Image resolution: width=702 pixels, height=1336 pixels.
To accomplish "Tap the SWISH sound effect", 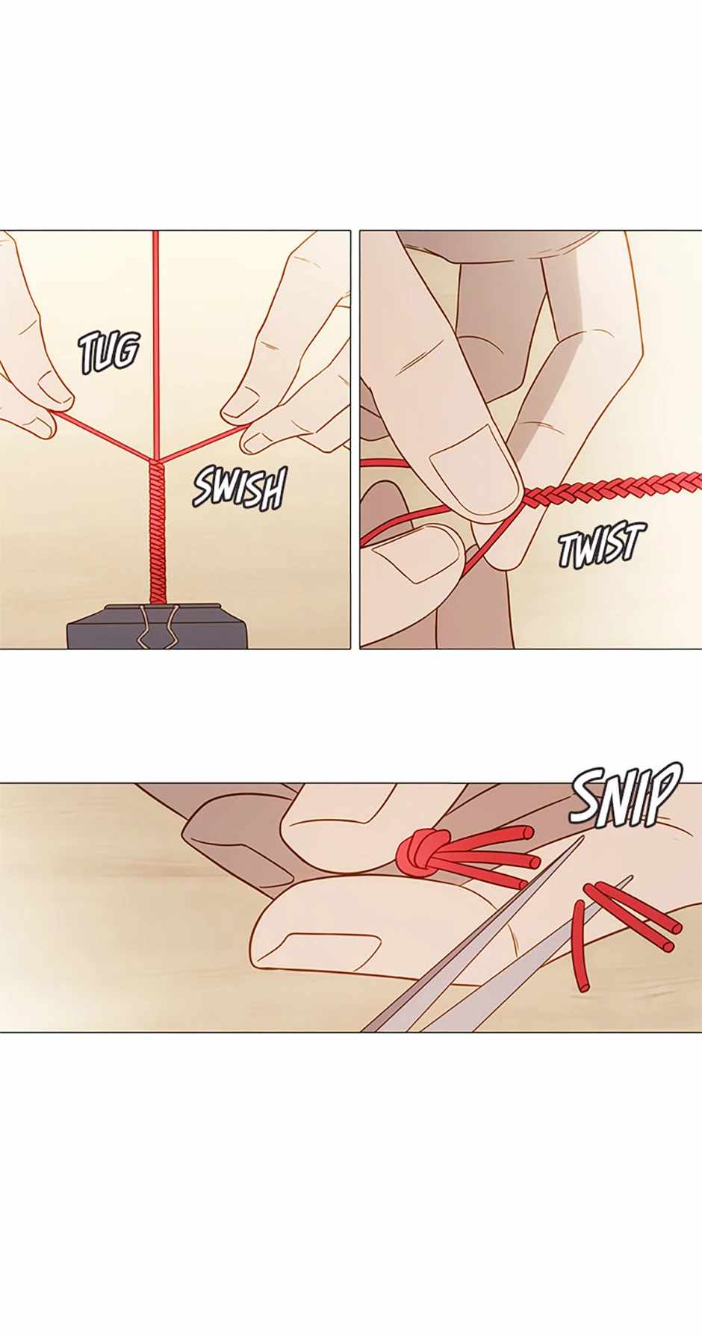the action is [x=240, y=488].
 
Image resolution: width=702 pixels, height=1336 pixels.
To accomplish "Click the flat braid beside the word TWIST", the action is [x=612, y=490].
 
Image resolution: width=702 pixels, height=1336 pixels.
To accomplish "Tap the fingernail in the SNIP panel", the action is [x=327, y=948].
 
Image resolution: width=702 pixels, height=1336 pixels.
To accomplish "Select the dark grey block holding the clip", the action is [x=158, y=626].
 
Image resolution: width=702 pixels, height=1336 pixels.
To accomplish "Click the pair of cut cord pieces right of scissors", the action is [x=633, y=917].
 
